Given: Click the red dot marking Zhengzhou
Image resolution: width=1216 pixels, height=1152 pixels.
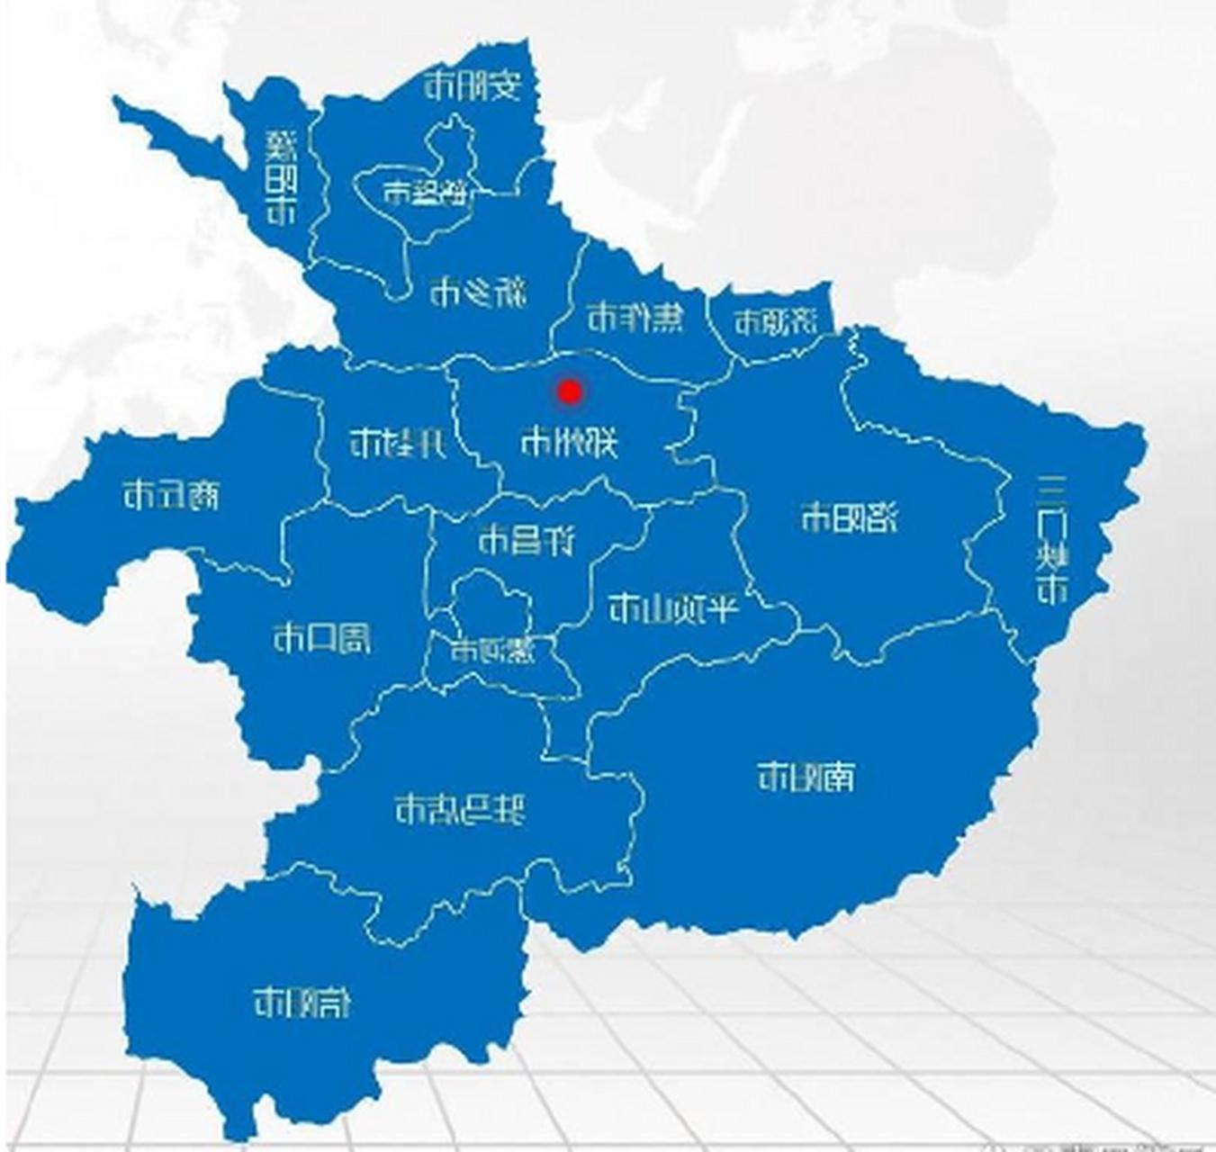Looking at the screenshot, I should point(569,391).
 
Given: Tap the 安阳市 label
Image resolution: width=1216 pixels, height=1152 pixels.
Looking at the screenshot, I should point(473,86).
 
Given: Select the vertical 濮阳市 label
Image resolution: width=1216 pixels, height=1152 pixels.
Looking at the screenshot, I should point(281,177).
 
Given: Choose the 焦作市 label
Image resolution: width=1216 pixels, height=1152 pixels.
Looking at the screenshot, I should point(635,317).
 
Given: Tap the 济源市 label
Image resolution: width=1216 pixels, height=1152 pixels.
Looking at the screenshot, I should point(775,321).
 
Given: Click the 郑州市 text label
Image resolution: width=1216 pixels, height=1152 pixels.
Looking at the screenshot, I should point(569,442).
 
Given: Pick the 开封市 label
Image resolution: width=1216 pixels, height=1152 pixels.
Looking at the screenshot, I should point(397,442).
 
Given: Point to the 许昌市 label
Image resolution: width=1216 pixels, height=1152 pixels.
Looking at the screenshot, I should point(527,540).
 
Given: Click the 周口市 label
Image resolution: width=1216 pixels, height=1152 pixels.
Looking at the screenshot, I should point(321,639).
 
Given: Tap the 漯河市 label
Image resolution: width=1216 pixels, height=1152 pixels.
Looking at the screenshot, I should point(492,650).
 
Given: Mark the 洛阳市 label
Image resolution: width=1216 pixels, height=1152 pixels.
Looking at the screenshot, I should point(849,518).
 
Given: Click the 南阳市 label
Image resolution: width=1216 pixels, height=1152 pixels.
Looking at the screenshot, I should point(806,776).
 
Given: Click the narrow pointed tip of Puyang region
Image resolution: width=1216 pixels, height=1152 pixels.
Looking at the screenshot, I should point(120,103).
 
